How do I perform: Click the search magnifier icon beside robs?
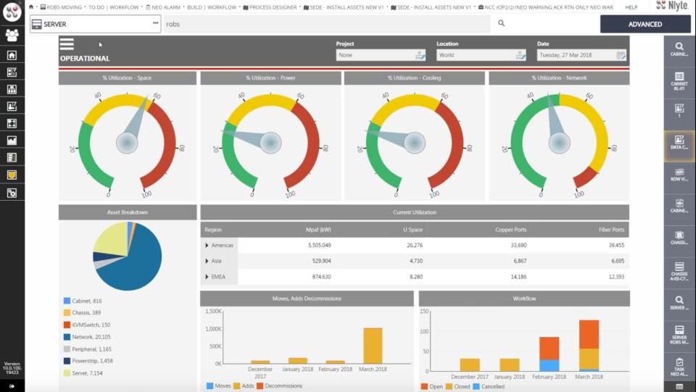click(501, 24)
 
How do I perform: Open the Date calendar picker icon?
click(621, 55)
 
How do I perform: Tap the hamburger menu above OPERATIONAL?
click(67, 44)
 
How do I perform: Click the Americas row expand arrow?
click(207, 246)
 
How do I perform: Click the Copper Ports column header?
click(512, 230)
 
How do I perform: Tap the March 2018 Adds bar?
click(373, 346)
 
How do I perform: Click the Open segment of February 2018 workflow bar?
click(549, 349)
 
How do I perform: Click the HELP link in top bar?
click(631, 7)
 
